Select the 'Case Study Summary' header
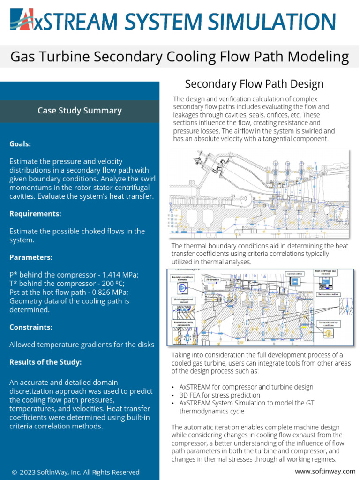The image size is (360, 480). pyautogui.click(x=80, y=111)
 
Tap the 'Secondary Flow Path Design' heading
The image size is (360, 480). pyautogui.click(x=254, y=84)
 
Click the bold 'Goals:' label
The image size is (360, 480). pyautogui.click(x=20, y=144)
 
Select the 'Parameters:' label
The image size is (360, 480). pyautogui.click(x=31, y=257)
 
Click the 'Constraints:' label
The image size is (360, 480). pyautogui.click(x=31, y=327)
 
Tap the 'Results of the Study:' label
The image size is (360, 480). pyautogui.click(x=45, y=362)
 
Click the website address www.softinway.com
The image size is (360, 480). pyautogui.click(x=325, y=471)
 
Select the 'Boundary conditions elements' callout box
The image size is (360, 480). pyautogui.click(x=182, y=279)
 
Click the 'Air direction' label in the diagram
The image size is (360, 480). pyautogui.click(x=212, y=279)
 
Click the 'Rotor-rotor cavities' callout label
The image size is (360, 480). pyautogui.click(x=328, y=294)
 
